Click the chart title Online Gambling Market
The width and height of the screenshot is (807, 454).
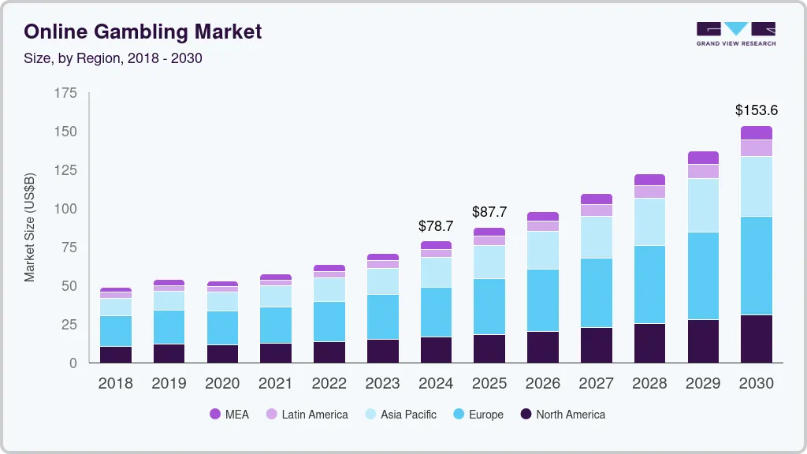(x=143, y=32)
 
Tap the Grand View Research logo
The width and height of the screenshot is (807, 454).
(x=735, y=33)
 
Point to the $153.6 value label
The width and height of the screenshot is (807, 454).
(x=756, y=110)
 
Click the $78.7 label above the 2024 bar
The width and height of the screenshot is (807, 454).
(x=436, y=226)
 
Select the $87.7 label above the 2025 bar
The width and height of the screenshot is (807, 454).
(x=489, y=212)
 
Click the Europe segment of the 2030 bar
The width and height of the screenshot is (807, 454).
(x=756, y=266)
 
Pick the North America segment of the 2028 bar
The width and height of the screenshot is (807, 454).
(x=649, y=343)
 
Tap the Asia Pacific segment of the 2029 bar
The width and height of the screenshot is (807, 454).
(x=703, y=205)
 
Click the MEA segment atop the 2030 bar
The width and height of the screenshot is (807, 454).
(x=756, y=133)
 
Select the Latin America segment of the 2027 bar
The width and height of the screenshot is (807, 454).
(x=596, y=210)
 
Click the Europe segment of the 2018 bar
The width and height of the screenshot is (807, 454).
(x=116, y=331)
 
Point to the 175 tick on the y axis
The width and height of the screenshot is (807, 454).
(x=66, y=93)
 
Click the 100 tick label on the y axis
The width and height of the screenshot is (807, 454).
(x=66, y=209)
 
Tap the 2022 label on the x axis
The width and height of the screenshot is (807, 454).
(x=329, y=384)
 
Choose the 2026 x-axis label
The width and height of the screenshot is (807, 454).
(x=542, y=384)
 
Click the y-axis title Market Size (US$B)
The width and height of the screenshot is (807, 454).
(x=30, y=228)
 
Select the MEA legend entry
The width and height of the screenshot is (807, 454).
(x=229, y=415)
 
